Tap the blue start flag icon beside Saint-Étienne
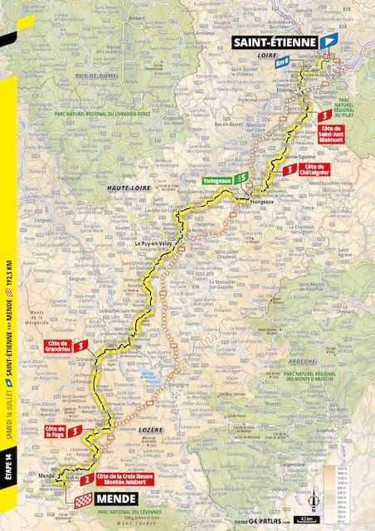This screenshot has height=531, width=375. click(x=331, y=39)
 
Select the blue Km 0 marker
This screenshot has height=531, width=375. click(x=283, y=61)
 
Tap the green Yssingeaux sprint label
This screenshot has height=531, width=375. click(x=215, y=178)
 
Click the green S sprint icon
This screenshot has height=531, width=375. click(x=240, y=178)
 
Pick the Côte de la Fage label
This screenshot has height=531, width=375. click(x=56, y=431)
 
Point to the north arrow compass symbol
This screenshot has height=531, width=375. click(x=313, y=501)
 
